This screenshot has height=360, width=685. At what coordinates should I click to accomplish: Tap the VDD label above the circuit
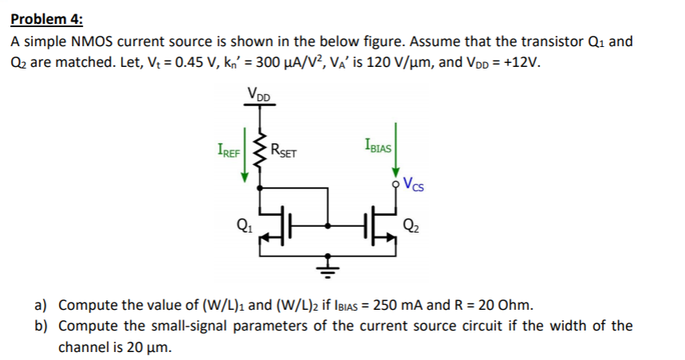point(259,95)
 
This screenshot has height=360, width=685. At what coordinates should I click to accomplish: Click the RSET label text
point(284,149)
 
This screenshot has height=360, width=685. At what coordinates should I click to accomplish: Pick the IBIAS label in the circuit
point(376,146)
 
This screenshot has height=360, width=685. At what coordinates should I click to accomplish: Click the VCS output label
point(413,187)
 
